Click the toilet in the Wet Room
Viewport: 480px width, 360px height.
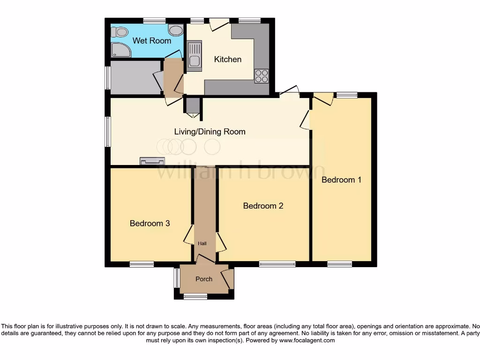click(120, 32)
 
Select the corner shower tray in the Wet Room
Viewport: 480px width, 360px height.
click(120, 50)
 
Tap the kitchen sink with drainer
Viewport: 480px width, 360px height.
click(194, 56)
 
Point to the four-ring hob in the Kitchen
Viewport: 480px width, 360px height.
click(262, 76)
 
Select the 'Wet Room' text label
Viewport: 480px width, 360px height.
click(151, 41)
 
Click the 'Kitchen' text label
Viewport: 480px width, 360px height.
click(228, 59)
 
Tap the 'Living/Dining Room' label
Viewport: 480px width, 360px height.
click(210, 132)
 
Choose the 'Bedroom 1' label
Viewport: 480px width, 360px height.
click(341, 180)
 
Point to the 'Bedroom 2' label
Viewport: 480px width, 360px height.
click(263, 206)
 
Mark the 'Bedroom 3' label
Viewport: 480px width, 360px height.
click(150, 224)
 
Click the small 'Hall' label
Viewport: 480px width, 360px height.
click(202, 243)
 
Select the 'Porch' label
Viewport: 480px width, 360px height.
click(203, 279)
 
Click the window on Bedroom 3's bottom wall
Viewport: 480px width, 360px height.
click(142, 264)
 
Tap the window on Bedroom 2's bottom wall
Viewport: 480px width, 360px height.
click(277, 264)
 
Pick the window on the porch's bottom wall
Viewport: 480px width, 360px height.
click(195, 296)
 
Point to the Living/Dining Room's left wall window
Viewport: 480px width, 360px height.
click(107, 132)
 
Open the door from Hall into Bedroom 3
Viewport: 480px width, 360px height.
click(189, 235)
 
